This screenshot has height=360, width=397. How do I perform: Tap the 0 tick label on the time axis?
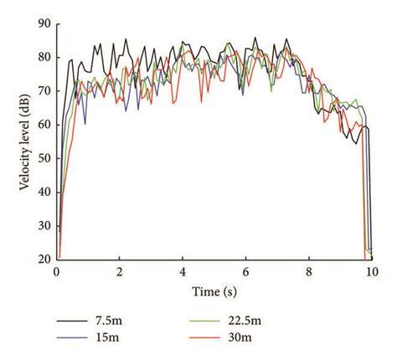point(56,272)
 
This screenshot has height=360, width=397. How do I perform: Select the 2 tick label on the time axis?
point(120,272)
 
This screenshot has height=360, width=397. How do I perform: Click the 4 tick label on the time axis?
point(183,272)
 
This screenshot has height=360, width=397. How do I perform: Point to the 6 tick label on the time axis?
point(245,272)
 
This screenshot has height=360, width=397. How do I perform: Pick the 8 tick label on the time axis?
point(308,272)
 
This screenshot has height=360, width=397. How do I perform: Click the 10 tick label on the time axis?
point(371,272)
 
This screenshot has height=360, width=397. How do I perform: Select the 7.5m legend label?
point(115,320)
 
